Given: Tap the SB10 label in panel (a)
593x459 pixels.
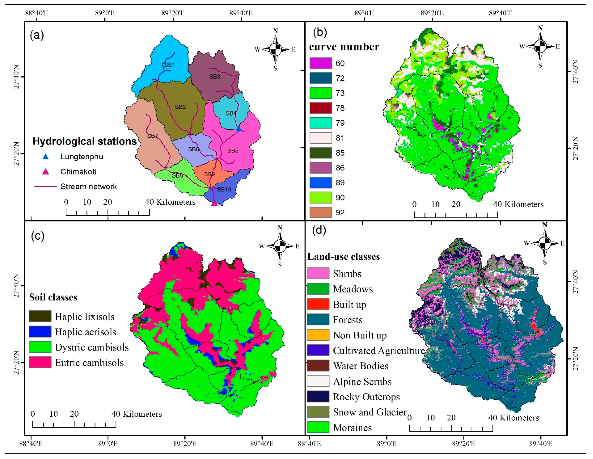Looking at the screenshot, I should [x=224, y=190].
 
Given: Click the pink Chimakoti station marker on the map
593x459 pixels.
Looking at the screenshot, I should [x=214, y=204].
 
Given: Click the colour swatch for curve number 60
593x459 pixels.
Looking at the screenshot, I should [x=321, y=63].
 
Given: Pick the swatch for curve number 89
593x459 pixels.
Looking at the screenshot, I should [x=321, y=183].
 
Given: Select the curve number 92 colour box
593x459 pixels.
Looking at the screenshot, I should [x=321, y=212].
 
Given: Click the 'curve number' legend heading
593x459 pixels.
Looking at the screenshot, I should [x=344, y=47].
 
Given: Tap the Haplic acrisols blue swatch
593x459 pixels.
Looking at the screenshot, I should [x=40, y=332].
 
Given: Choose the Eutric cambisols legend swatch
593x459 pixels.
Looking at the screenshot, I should [x=40, y=362].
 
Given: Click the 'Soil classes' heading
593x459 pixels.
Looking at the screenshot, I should [x=53, y=297].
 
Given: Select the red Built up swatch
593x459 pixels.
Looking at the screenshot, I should [x=318, y=304].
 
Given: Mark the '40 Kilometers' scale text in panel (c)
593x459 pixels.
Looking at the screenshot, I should [x=137, y=414].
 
